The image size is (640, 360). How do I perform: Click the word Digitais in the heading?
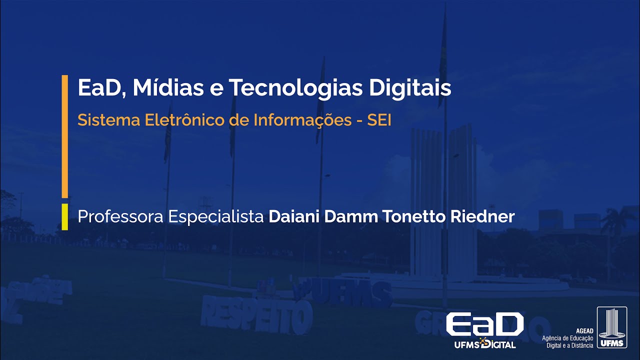tap(410, 88)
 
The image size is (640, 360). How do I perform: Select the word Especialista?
tap(216, 217)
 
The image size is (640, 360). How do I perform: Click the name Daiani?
tap(294, 217)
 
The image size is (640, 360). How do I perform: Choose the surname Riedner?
tap(483, 217)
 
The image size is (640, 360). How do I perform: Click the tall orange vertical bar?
tap(64, 136)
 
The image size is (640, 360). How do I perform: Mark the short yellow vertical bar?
tap(64, 216)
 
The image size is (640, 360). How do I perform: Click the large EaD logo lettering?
tap(484, 325)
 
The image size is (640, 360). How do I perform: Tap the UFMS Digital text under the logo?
tap(485, 344)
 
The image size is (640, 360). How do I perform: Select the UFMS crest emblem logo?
tap(611, 327)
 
